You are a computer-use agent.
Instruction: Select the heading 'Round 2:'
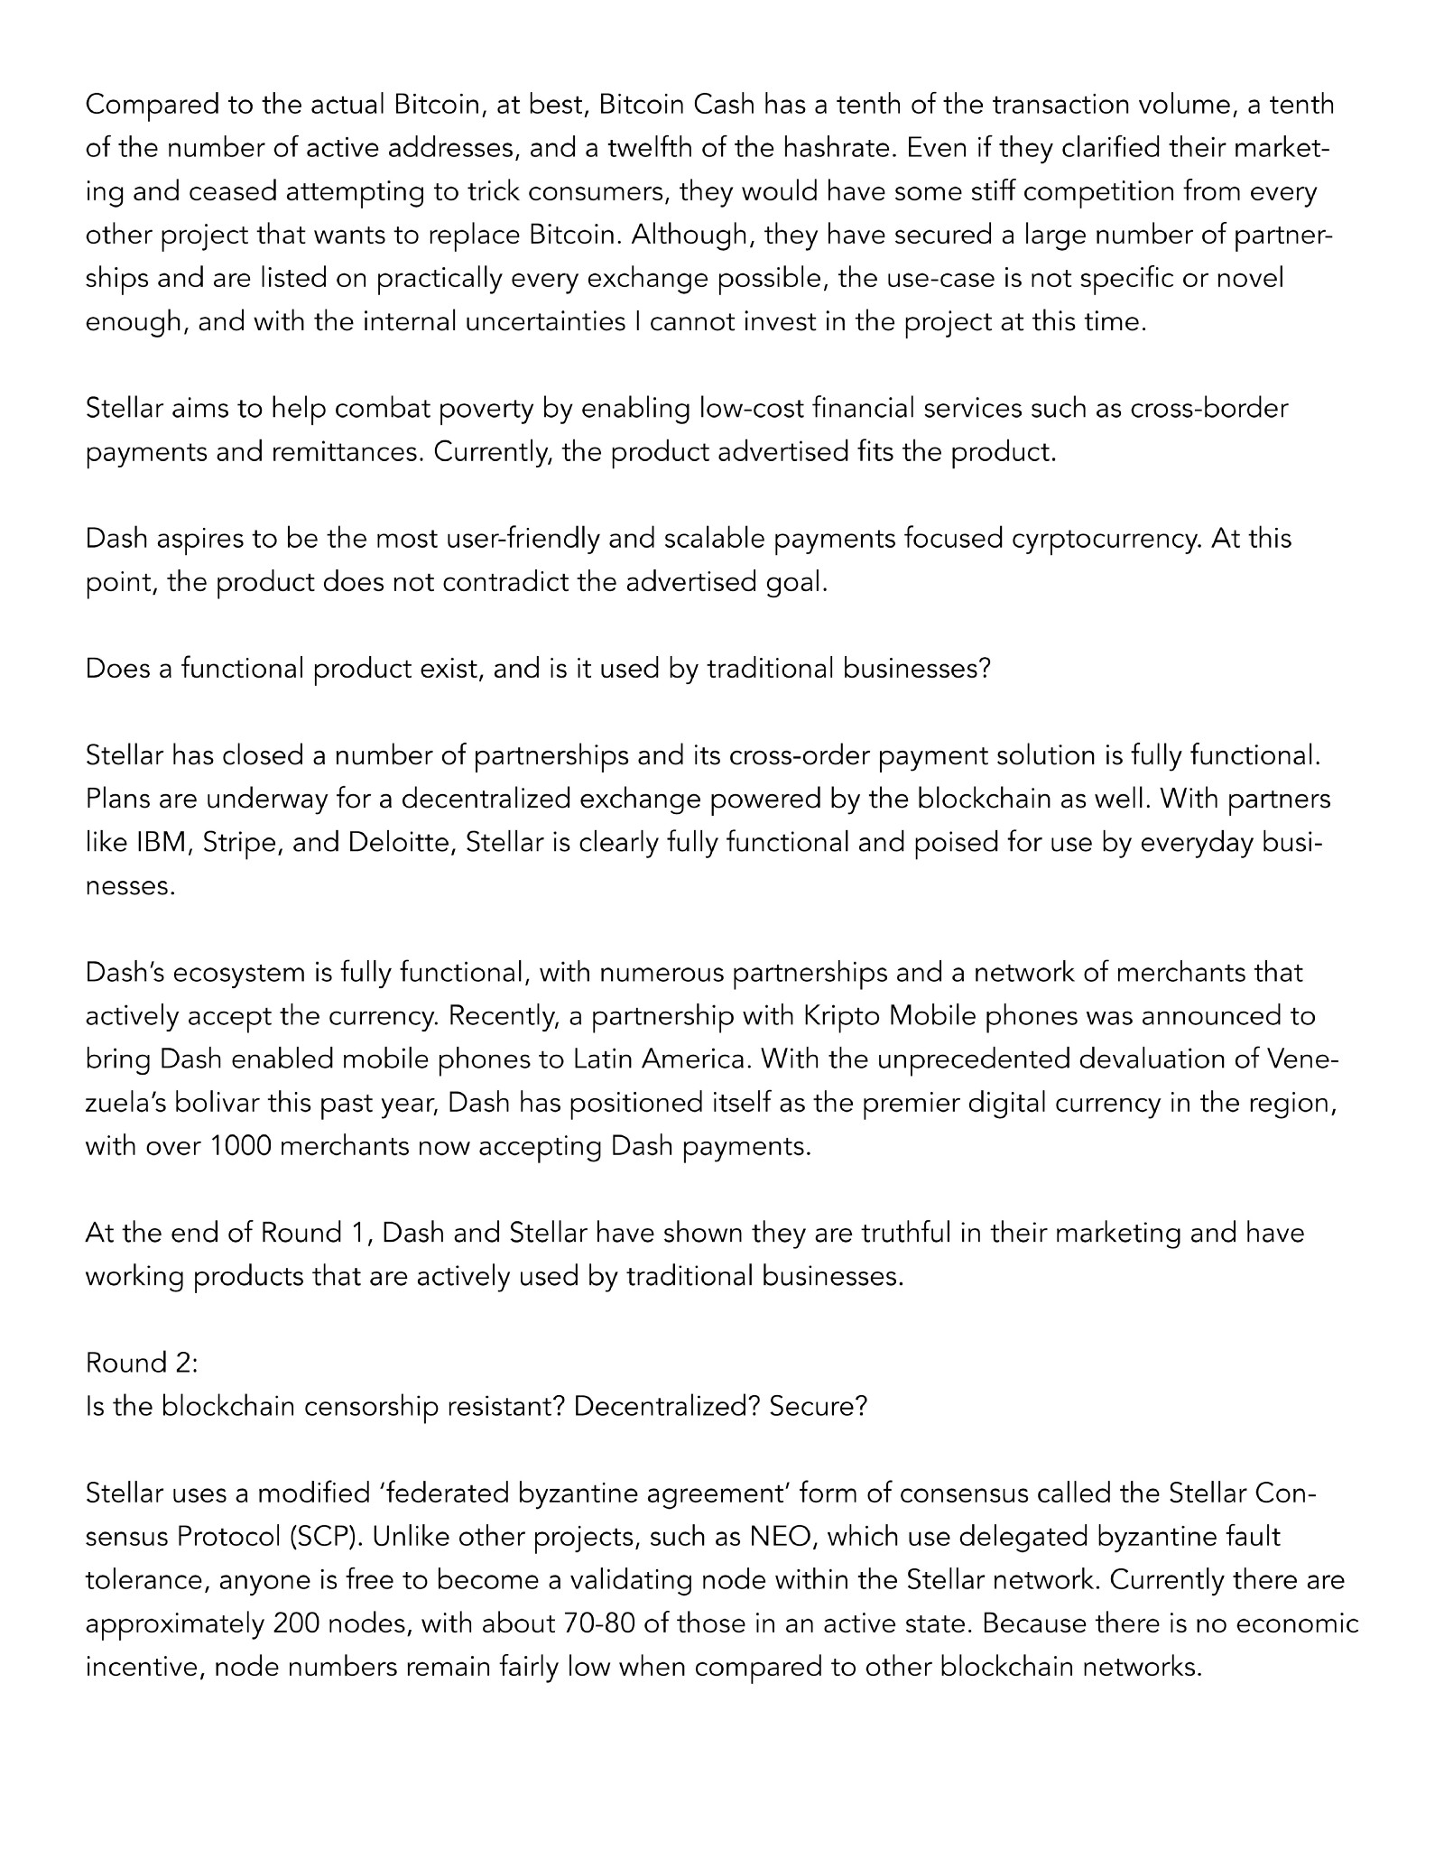pos(142,1363)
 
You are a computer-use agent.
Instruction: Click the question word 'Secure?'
pos(818,1406)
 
